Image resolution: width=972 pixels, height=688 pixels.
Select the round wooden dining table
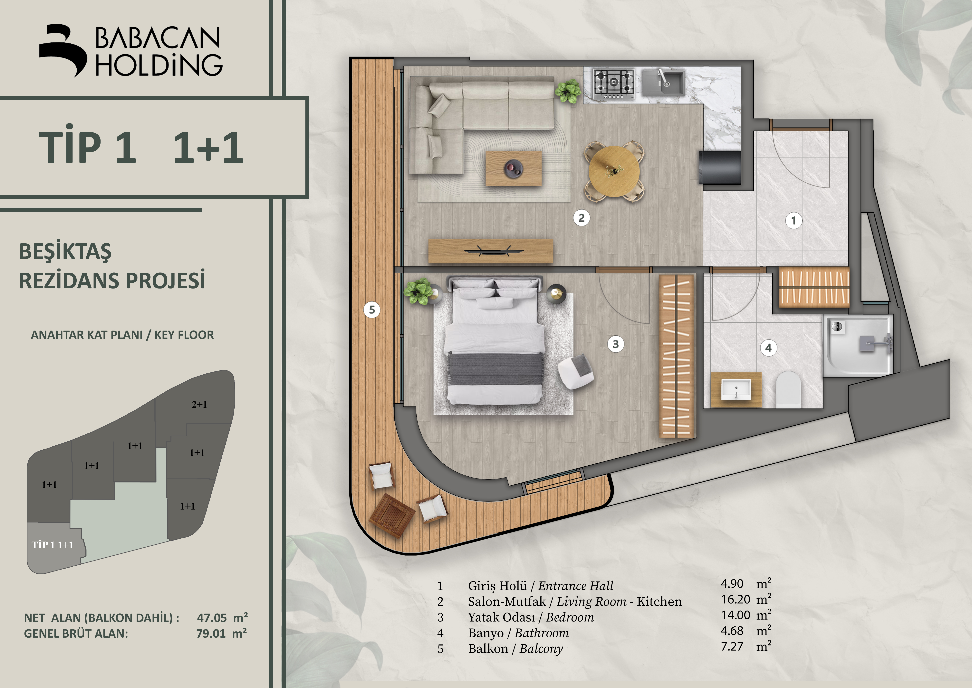click(614, 172)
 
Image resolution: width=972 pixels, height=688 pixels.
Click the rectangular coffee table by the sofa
click(514, 169)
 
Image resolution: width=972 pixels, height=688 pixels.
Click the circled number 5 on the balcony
click(372, 310)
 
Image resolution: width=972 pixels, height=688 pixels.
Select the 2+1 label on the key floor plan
click(199, 405)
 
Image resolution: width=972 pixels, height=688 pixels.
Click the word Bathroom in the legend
click(542, 633)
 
